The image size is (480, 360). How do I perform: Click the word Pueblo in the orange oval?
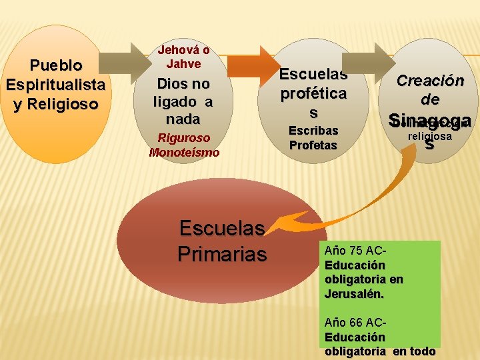[x=56, y=65]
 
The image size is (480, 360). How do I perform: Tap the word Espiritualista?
[x=55, y=85]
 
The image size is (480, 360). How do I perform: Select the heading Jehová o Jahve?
[x=183, y=56]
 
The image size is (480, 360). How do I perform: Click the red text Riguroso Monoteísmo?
[x=184, y=145]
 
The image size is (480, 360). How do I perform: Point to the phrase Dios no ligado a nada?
[x=183, y=101]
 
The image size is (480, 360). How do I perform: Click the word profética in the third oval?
[x=313, y=93]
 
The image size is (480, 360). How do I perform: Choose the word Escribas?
[x=313, y=131]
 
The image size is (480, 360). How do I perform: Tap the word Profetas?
[x=313, y=145]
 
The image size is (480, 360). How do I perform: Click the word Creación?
[x=430, y=81]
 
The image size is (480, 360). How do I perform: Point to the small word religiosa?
[x=430, y=136]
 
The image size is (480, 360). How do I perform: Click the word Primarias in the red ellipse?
[x=222, y=254]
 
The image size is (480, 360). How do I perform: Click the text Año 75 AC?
[x=355, y=251]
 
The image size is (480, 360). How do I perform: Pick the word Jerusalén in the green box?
[x=355, y=293]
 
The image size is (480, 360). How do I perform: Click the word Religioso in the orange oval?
[x=55, y=105]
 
